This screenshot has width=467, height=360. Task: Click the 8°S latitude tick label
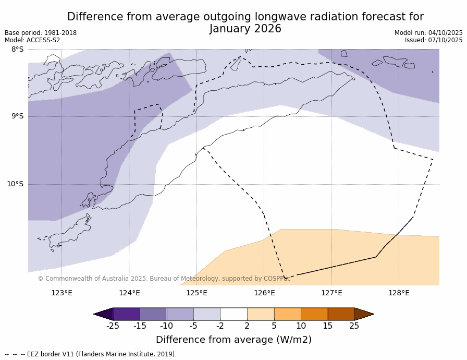point(17,50)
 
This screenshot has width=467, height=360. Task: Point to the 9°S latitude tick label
point(17,116)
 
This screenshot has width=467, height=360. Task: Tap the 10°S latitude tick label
point(15,184)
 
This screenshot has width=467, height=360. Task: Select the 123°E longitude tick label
point(62,293)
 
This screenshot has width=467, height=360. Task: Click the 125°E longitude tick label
point(196,293)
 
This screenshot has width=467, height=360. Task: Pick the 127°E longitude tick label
point(331,293)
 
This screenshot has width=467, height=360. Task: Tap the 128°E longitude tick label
point(399,293)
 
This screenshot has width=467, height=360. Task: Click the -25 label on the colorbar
point(113,326)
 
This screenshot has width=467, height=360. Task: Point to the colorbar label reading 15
point(327,326)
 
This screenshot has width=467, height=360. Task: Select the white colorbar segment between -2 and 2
point(233,314)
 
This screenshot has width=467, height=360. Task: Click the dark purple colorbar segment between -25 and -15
point(126,314)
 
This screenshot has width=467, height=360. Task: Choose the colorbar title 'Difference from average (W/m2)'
point(233,340)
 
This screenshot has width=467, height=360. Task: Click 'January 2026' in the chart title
point(245,29)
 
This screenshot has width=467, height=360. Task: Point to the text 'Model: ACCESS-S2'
point(32,40)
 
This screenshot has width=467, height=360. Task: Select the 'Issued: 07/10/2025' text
point(434,40)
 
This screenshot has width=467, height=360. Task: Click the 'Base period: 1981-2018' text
point(41,33)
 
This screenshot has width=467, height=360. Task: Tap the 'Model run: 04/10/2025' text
point(428,33)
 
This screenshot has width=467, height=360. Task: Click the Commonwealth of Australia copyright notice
point(164,279)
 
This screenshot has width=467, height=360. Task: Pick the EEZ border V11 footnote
point(91,354)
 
